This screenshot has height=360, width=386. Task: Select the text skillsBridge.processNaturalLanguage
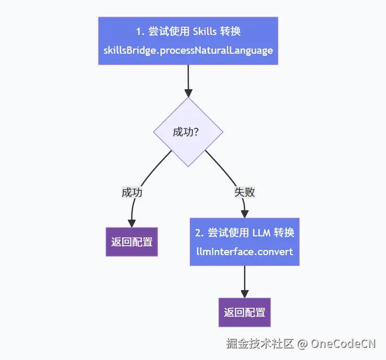[188, 51]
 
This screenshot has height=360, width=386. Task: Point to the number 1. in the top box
[140, 31]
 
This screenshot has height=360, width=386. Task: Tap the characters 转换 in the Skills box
[231, 31]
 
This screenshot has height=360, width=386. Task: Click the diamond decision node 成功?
[188, 132]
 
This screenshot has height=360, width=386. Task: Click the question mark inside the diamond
[196, 132]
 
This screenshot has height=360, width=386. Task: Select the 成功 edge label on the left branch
[132, 192]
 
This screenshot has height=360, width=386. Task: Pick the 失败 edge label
[245, 192]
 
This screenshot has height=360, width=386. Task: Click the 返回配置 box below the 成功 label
[132, 242]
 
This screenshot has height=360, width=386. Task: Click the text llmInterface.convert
[245, 251]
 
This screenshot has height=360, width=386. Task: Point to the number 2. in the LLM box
[198, 232]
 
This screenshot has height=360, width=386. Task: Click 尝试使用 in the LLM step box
[226, 232]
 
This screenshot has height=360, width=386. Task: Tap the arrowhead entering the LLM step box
[245, 213]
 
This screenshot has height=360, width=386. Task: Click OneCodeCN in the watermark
[344, 343]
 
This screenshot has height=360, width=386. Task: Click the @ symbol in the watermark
[302, 343]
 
